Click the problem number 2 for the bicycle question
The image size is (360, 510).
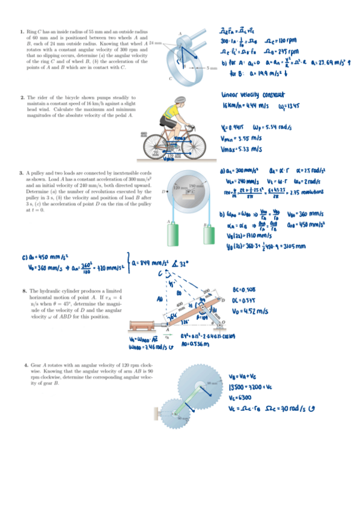pyautogui.click(x=22, y=97)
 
